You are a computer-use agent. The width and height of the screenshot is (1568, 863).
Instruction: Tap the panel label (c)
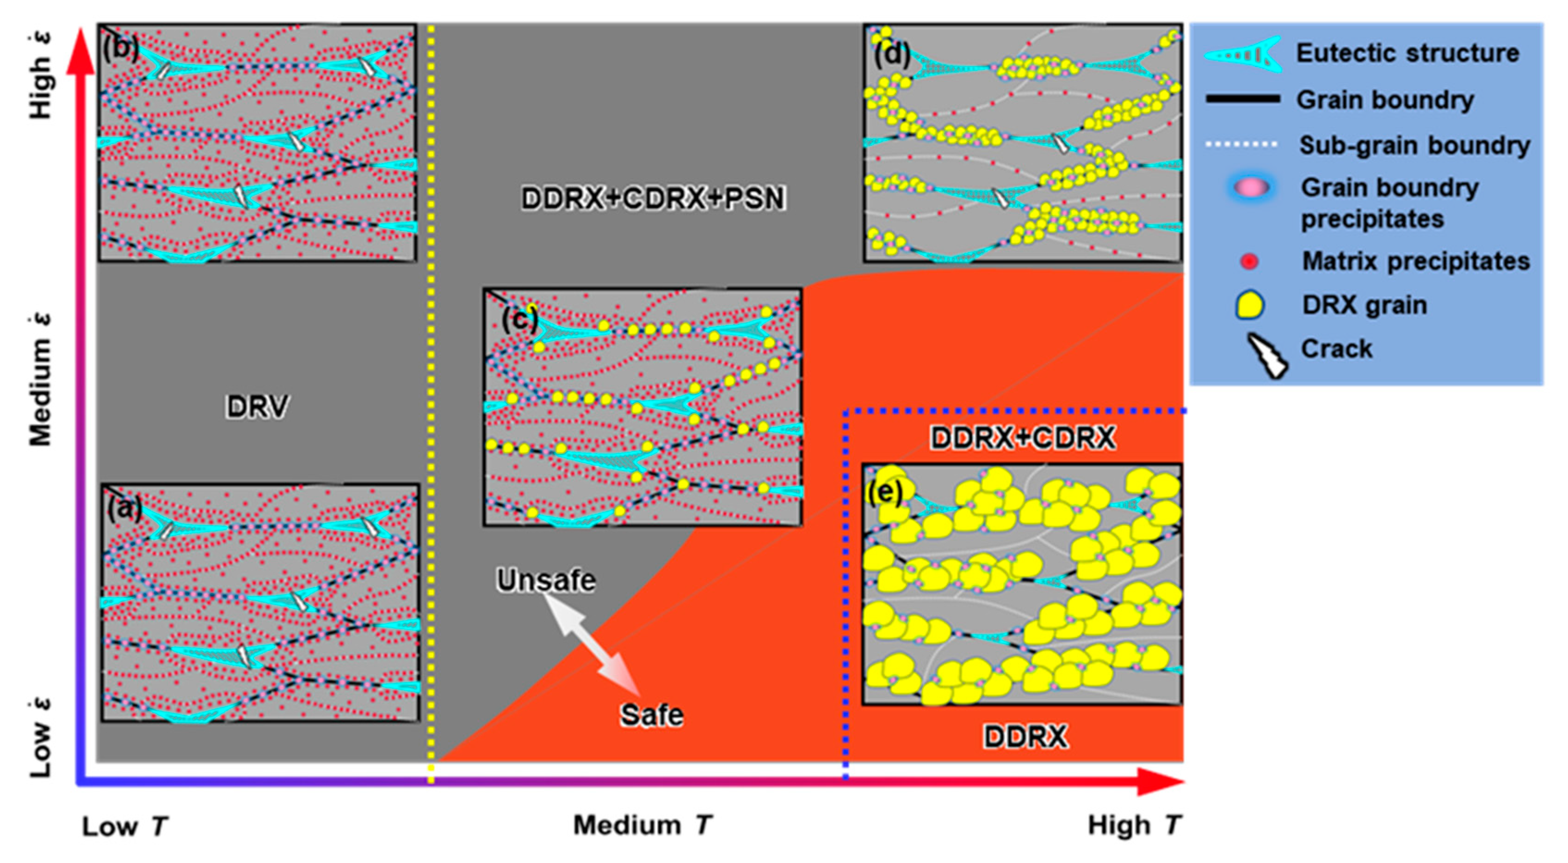click(519, 318)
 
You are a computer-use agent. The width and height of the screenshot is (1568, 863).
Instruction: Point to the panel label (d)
click(892, 55)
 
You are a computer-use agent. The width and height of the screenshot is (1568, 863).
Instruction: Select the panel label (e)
click(884, 492)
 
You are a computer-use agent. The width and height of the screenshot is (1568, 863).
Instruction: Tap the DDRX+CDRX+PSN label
click(653, 198)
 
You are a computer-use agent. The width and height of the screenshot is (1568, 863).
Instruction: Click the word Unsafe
click(546, 580)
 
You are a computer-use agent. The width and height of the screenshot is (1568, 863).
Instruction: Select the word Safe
click(651, 715)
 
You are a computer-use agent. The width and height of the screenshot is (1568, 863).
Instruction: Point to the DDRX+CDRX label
click(1023, 438)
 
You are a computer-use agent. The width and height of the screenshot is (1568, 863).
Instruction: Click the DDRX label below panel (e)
click(1025, 737)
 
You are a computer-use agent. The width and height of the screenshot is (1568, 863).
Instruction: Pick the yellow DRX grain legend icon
click(1249, 305)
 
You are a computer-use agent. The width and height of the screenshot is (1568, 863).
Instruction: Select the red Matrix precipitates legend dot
click(1249, 262)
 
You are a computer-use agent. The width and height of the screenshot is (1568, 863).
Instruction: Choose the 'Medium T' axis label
click(642, 825)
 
